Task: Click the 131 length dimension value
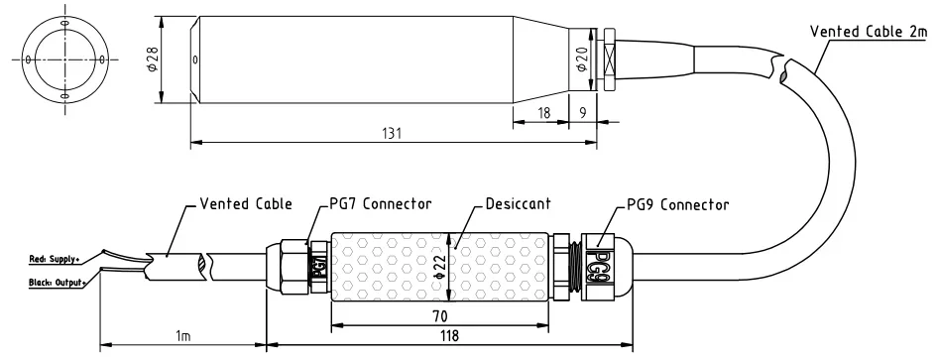(392, 133)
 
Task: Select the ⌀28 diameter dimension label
(153, 60)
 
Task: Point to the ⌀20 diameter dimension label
(580, 60)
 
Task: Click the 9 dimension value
(583, 112)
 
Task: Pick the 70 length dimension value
(439, 315)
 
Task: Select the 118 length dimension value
(448, 335)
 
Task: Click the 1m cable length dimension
(183, 335)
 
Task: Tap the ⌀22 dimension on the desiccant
(439, 268)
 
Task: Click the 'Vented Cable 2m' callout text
(869, 32)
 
